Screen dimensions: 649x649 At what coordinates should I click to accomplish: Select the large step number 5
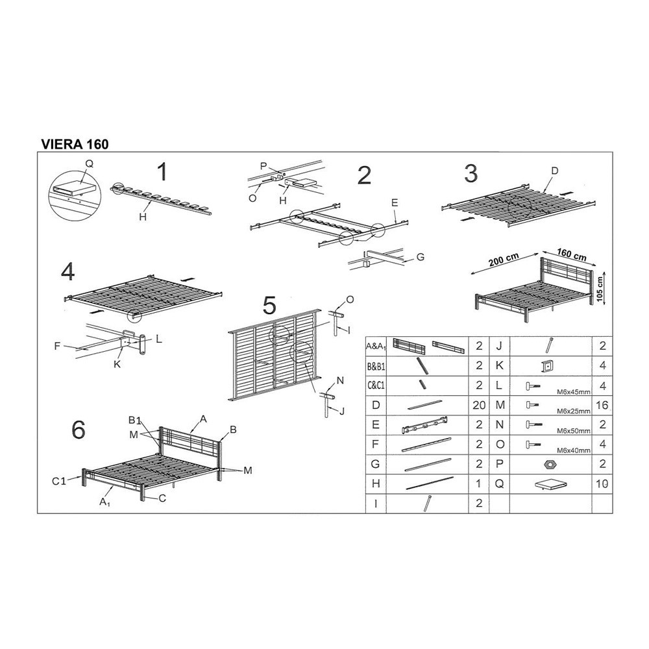click(x=269, y=305)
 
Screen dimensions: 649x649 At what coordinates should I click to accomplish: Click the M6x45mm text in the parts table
click(x=573, y=391)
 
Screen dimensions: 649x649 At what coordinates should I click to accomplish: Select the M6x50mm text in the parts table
click(x=573, y=430)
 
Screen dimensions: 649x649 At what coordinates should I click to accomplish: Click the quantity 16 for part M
click(x=603, y=406)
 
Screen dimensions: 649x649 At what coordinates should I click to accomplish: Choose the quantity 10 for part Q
click(x=603, y=484)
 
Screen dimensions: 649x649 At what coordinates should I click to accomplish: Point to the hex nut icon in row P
click(x=548, y=464)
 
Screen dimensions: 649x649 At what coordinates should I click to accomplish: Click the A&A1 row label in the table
click(x=376, y=347)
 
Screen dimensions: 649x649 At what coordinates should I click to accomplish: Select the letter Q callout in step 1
click(x=89, y=164)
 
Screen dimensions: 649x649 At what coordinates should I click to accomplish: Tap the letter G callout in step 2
click(x=420, y=257)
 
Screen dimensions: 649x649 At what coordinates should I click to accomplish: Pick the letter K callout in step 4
click(x=117, y=364)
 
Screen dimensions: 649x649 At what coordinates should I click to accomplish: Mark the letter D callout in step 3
click(x=555, y=171)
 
